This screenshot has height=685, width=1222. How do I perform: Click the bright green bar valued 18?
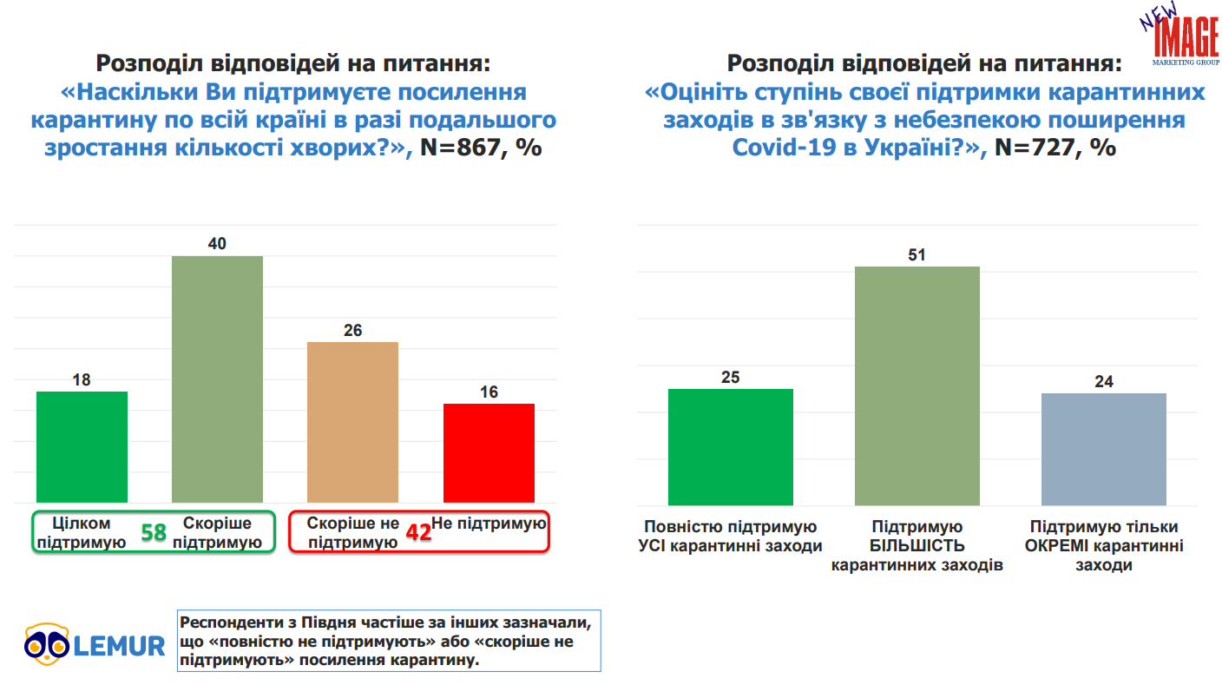click(x=82, y=446)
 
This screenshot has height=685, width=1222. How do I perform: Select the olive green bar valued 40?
click(x=217, y=379)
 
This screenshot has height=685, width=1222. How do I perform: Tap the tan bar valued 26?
click(x=352, y=422)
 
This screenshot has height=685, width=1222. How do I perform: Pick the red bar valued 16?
click(x=489, y=452)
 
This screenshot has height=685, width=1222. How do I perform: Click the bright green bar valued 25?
click(x=730, y=446)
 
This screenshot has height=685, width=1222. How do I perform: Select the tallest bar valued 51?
click(x=916, y=385)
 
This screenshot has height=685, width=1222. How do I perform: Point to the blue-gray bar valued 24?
click(x=1103, y=449)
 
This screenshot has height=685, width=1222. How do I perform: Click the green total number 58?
click(x=154, y=533)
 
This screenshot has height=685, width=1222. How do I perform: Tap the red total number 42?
click(x=419, y=533)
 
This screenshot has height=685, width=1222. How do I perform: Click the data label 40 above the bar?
click(x=217, y=244)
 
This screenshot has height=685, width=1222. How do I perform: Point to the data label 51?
click(x=916, y=255)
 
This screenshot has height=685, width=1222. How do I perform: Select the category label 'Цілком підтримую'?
click(x=83, y=533)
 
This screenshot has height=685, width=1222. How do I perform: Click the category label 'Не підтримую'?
click(x=489, y=524)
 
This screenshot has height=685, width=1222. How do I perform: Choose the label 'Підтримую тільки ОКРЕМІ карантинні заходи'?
click(x=1103, y=546)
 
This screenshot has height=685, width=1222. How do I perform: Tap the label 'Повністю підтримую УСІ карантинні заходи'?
click(x=730, y=537)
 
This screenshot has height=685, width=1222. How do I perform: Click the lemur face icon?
click(x=46, y=643)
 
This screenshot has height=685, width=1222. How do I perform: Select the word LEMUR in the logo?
click(x=119, y=646)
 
